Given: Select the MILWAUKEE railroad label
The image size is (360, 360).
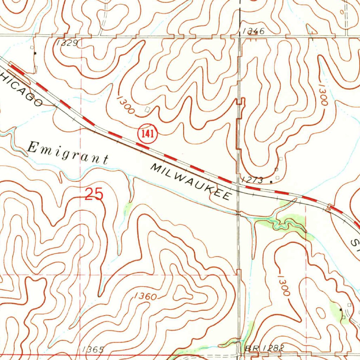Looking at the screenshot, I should pyautogui.click(x=192, y=182).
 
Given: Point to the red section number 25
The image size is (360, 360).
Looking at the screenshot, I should pyautogui.click(x=94, y=194).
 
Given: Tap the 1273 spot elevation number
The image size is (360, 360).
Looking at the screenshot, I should pyautogui.click(x=252, y=180).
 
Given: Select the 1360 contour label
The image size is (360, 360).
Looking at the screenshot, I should pyautogui.click(x=145, y=296).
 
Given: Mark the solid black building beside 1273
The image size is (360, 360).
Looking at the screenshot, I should pyautogui.click(x=271, y=182).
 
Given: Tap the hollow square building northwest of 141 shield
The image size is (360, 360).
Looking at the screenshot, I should pyautogui.click(x=147, y=109).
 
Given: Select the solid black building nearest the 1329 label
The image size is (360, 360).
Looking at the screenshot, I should pyautogui.click(x=35, y=53).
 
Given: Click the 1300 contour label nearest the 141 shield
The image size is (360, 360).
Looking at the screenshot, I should pyautogui.click(x=126, y=104).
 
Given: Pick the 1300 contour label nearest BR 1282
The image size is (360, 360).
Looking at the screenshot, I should pyautogui.click(x=283, y=285).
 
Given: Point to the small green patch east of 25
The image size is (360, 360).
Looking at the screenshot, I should pyautogui.click(x=128, y=209).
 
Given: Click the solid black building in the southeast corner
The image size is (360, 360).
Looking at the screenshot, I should pyautogui.click(x=341, y=309).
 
